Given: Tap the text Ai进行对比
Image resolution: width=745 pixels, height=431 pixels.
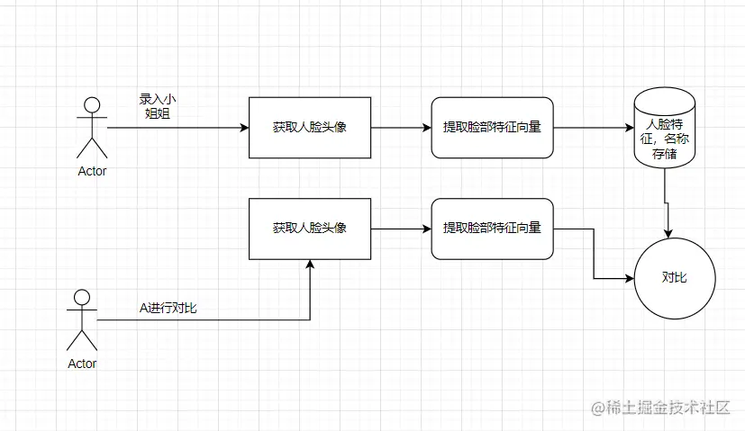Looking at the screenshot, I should (168, 309).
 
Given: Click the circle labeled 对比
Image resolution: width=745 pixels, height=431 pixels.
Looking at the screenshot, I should (674, 277).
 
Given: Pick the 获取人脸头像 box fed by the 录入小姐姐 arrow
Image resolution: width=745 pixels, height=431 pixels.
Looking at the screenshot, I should (309, 128).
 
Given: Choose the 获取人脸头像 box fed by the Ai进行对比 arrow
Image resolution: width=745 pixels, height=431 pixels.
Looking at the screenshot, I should (309, 228).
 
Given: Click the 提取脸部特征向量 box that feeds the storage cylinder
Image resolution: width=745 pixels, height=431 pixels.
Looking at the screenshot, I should (492, 128).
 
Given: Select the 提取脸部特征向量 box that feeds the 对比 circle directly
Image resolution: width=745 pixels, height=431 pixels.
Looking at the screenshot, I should (492, 228).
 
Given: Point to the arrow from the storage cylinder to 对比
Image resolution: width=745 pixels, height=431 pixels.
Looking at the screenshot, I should (667, 202).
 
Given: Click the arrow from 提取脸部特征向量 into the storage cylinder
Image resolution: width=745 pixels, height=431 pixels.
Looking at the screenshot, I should (590, 128).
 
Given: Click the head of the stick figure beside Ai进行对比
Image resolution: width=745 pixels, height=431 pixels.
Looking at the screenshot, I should (82, 297).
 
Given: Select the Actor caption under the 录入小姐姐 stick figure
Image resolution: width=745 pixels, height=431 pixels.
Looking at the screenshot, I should (92, 171).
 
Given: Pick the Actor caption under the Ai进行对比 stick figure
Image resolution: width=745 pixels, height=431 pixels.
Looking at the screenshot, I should (82, 364).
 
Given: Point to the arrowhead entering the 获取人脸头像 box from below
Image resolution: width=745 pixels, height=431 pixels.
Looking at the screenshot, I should (310, 265).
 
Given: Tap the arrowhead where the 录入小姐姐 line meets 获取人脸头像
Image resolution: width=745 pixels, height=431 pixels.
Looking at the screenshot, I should (243, 128).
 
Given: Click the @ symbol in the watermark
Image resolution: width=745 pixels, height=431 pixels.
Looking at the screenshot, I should (597, 409).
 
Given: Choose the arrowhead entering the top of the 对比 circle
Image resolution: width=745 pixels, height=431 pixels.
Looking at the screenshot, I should (668, 234).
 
